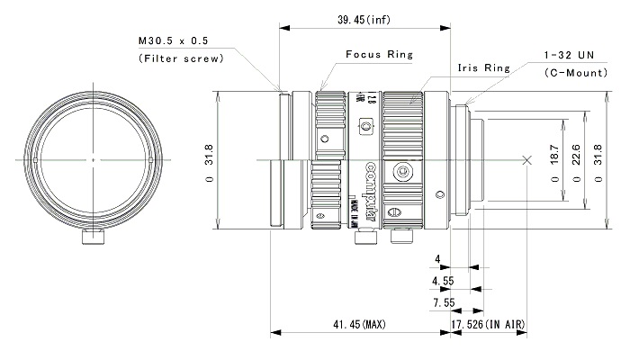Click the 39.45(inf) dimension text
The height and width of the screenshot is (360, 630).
tap(364, 20)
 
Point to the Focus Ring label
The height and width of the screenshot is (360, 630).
tap(379, 54)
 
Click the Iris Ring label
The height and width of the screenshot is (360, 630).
tap(483, 67)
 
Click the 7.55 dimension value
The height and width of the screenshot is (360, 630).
tap(442, 301)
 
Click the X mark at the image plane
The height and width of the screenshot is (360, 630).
tap(527, 160)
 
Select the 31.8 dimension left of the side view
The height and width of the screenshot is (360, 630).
tap(209, 160)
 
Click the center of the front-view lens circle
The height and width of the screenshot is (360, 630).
tap(92, 160)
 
